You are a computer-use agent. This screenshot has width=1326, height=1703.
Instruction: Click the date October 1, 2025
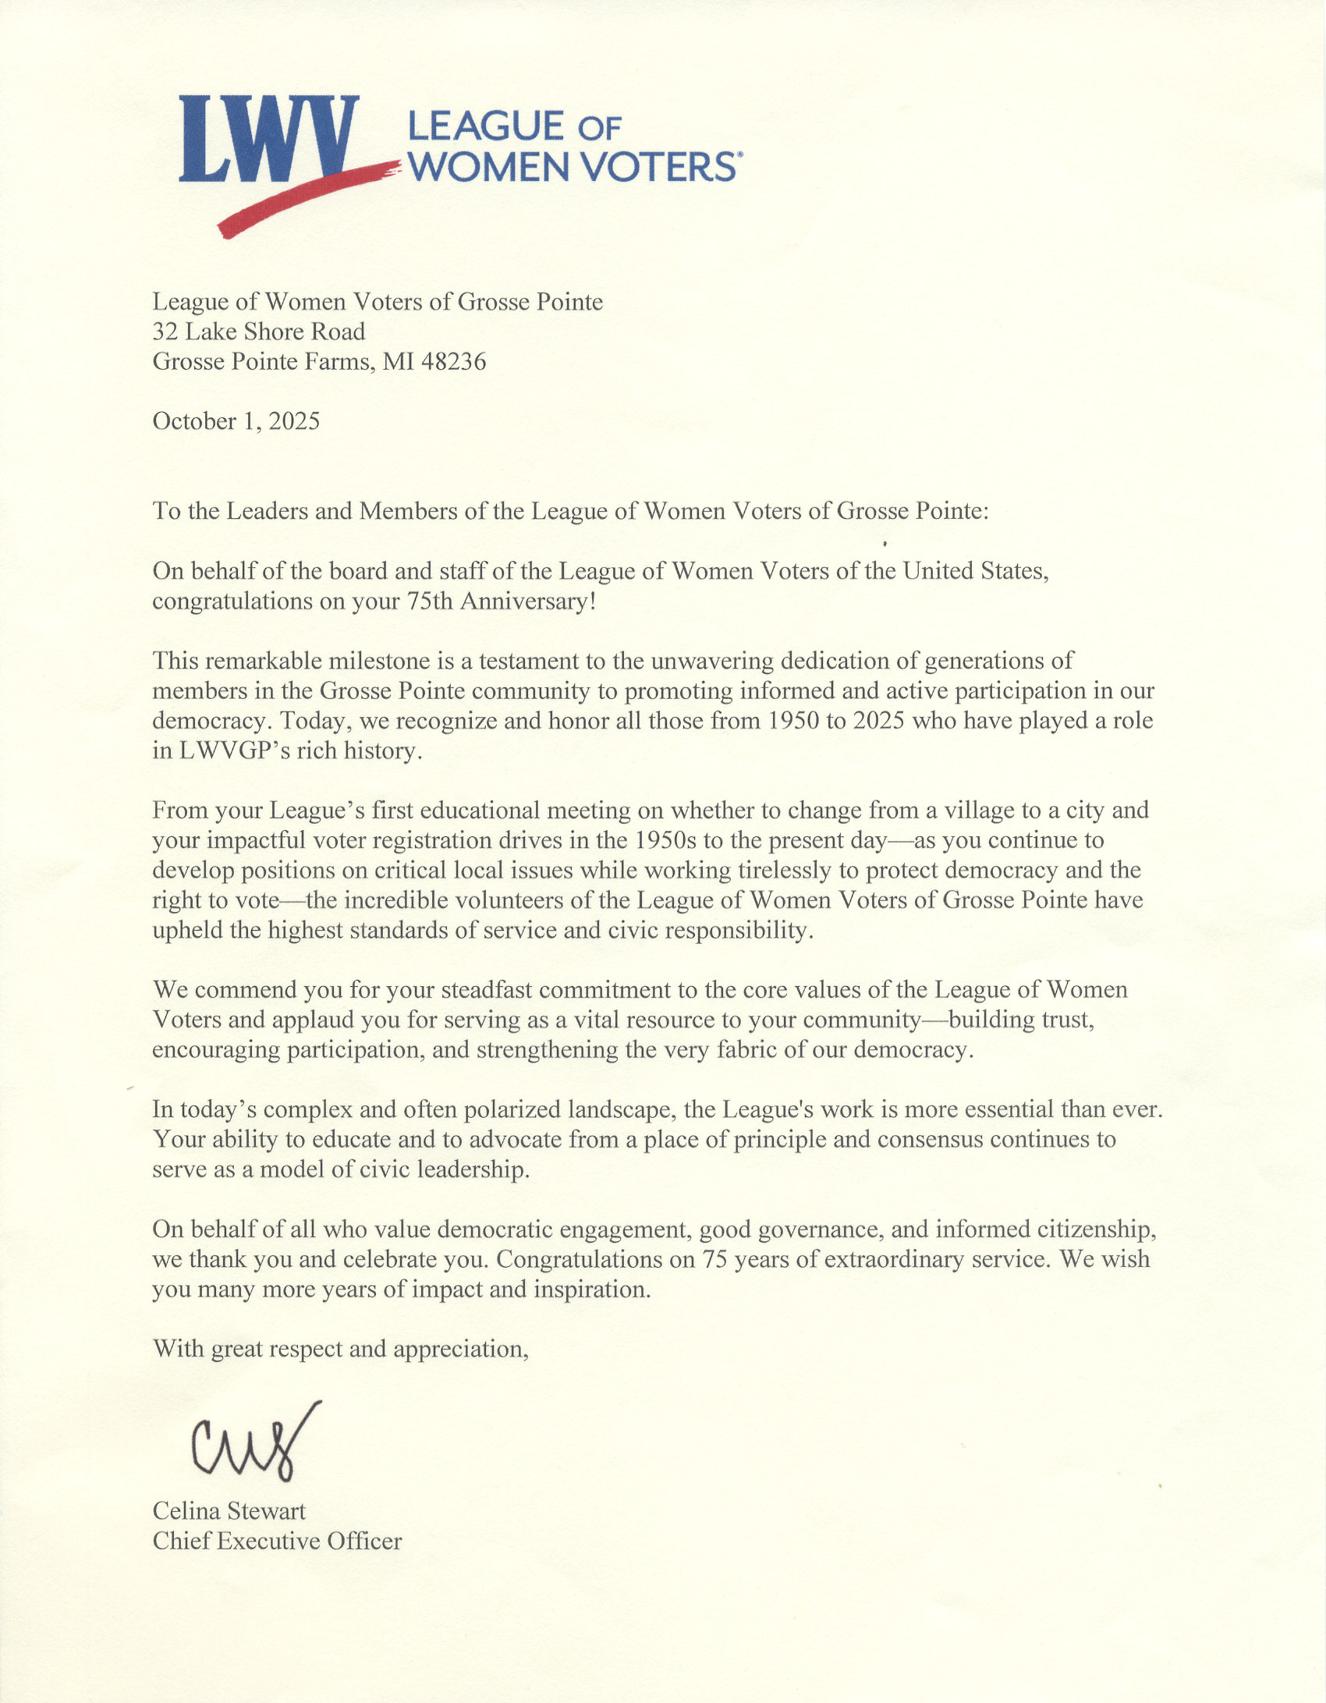(x=236, y=422)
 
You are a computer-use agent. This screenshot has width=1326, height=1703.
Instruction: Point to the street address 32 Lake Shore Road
(x=258, y=332)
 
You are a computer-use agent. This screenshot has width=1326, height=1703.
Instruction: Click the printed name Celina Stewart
(x=229, y=1511)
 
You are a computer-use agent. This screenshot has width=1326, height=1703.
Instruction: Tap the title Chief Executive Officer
(x=277, y=1542)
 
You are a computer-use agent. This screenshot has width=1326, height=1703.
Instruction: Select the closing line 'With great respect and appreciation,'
(x=340, y=1349)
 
